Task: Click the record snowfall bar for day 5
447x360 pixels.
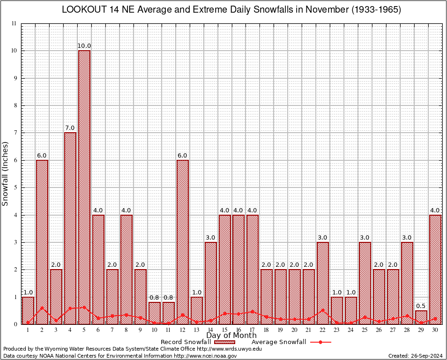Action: click(84, 187)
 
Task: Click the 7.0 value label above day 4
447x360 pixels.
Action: click(70, 128)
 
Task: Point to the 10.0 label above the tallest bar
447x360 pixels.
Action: click(84, 46)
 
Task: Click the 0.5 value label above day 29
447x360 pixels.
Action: click(421, 306)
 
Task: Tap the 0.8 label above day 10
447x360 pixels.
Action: click(155, 298)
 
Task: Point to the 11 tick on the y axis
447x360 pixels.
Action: click(14, 23)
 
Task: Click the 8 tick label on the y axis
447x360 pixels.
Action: click(15, 105)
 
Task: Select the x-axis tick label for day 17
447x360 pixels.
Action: click(253, 330)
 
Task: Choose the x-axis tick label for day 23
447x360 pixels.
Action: click(337, 330)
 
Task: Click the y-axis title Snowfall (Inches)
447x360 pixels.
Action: click(6, 173)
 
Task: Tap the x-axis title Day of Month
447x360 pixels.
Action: click(231, 336)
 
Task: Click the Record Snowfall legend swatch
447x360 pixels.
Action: click(225, 342)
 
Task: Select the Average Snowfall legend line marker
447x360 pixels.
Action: click(320, 342)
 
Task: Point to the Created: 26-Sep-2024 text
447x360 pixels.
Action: click(415, 356)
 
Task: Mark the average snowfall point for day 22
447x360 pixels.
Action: click(323, 310)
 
